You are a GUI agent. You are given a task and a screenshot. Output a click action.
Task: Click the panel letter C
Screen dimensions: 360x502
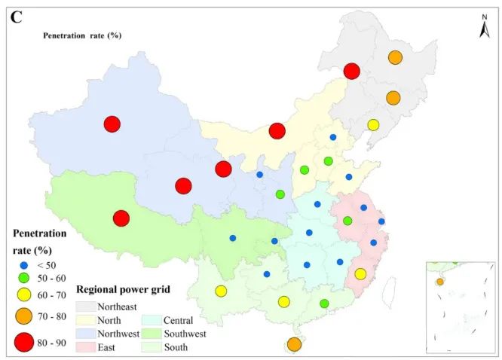click(x=16, y=17)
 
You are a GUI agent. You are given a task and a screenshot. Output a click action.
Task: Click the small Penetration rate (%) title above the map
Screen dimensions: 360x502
click(x=82, y=35)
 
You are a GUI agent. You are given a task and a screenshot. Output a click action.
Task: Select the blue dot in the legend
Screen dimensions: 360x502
click(x=25, y=266)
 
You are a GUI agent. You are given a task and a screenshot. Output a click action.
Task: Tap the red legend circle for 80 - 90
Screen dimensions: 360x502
click(x=25, y=343)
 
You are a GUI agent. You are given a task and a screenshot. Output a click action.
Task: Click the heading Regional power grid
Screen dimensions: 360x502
click(x=124, y=289)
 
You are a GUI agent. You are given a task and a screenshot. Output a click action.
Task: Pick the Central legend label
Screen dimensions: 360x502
click(x=179, y=320)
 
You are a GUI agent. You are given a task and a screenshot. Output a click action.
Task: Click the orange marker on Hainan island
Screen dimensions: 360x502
click(x=294, y=344)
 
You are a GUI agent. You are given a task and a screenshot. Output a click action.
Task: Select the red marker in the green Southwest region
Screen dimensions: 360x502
click(x=121, y=218)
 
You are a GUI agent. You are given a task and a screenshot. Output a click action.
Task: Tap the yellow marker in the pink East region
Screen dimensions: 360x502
click(x=360, y=273)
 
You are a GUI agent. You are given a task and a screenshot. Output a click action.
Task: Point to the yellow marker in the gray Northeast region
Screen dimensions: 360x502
click(x=373, y=125)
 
